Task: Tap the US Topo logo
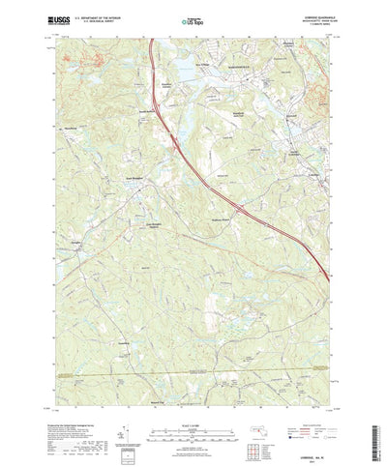(x=194, y=18)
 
